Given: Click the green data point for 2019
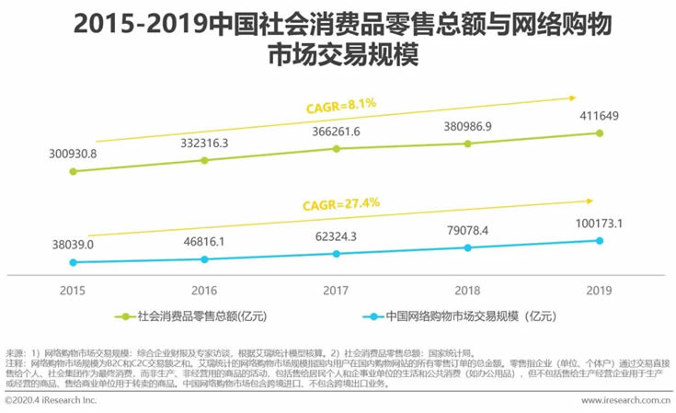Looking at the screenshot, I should coord(600,132).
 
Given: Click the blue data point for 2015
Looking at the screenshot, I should coord(72,262).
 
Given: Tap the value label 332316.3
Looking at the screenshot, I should coord(204,142).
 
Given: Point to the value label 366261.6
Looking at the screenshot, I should coord(336,132).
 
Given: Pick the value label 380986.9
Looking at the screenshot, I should coord(467,125).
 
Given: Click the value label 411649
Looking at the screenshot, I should coord(600,115).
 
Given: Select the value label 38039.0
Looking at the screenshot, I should coord(72,245).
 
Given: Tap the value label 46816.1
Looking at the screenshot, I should coord(204,241).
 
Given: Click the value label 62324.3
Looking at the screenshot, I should coord(336,236).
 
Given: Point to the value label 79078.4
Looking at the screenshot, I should coord(467,230).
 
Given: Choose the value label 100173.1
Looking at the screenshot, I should coord(600,223).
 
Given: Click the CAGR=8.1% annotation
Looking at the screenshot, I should coord(342,106).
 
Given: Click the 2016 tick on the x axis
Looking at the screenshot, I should coord(204,289).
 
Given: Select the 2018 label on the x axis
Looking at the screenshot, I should coord(467,289).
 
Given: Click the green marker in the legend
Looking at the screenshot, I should coord(129,317).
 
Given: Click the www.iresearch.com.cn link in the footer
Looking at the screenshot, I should coord(625,402).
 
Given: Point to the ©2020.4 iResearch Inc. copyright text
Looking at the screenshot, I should coord(51,402).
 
